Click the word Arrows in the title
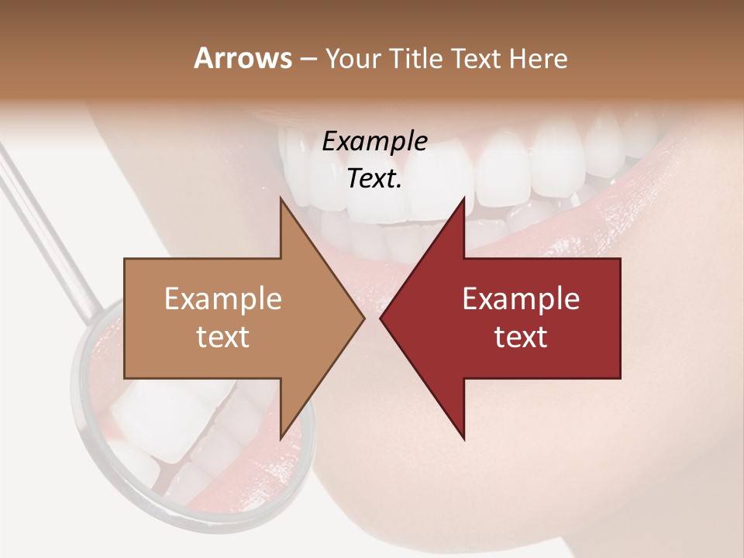pos(243,58)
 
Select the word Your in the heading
pos(353,59)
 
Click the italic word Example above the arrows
pos(374,143)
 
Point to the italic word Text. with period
pos(374,179)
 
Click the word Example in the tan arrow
pos(223,299)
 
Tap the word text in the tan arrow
pos(223,337)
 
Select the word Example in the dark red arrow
pos(521,299)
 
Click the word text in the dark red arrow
pos(521,337)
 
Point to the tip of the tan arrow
pos(363,318)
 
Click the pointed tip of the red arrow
pos(381,318)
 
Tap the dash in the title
pos(308,59)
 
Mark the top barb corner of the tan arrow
pos(281,198)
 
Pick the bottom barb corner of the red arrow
pos(464,439)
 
